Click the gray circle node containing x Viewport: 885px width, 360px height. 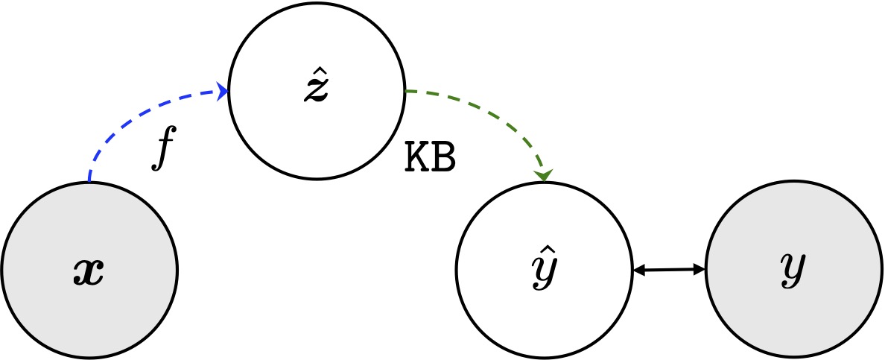(89, 270)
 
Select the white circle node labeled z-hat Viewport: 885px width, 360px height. (317, 91)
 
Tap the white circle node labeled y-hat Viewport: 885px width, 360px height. (544, 270)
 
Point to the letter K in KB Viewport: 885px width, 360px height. (417, 160)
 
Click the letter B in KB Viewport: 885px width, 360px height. (444, 160)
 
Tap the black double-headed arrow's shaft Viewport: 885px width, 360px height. (669, 271)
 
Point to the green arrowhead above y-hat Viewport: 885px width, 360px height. (544, 176)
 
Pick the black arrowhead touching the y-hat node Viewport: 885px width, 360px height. (639, 271)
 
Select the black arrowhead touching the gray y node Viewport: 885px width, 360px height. (700, 270)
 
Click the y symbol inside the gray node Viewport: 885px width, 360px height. (793, 271)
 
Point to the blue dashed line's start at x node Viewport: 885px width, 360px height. (89, 181)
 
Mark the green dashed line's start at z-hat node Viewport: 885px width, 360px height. (407, 90)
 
